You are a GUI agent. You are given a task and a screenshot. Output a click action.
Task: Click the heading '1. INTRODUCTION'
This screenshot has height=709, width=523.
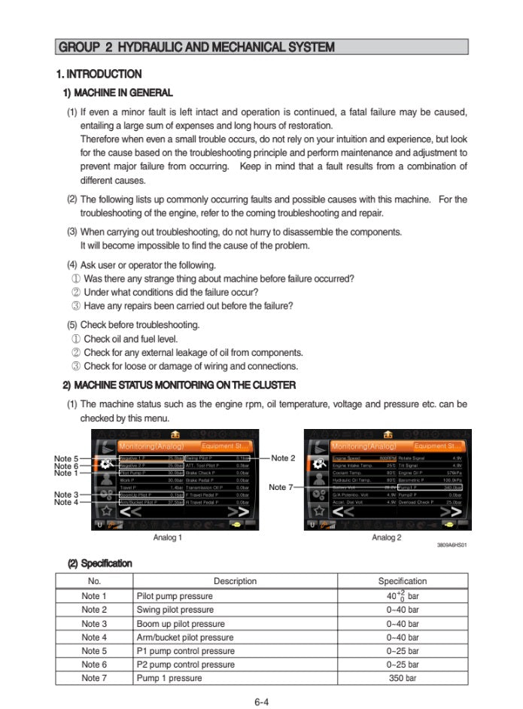click(99, 75)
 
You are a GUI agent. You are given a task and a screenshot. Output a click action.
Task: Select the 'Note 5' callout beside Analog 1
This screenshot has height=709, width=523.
click(65, 458)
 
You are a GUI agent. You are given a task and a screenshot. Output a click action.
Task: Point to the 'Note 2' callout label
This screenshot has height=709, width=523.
click(283, 458)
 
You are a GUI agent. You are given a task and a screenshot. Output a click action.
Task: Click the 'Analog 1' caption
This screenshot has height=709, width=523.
click(167, 537)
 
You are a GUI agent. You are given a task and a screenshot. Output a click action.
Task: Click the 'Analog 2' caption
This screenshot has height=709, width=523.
click(387, 537)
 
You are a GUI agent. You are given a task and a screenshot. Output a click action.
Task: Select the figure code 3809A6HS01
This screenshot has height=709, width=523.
click(452, 546)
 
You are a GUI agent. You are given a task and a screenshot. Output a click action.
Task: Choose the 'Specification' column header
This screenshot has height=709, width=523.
click(402, 581)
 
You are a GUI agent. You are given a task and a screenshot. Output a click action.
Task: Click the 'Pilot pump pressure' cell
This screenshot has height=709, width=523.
click(175, 596)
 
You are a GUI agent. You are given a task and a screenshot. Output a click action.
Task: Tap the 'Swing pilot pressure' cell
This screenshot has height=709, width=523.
click(175, 610)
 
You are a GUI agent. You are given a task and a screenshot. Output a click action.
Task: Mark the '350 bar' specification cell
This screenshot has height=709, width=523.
click(403, 678)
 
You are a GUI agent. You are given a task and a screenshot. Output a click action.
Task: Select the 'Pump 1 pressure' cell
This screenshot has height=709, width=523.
click(169, 678)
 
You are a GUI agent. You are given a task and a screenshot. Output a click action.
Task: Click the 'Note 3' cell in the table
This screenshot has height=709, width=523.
click(94, 624)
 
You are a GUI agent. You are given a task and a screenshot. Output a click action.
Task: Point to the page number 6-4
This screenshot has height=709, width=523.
click(261, 702)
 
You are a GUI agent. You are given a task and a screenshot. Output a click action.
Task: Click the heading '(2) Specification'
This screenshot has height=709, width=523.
click(100, 563)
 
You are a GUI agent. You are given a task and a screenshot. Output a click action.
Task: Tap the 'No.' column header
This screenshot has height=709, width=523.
click(94, 581)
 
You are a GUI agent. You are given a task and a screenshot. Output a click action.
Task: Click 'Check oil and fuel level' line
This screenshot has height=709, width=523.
click(130, 339)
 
